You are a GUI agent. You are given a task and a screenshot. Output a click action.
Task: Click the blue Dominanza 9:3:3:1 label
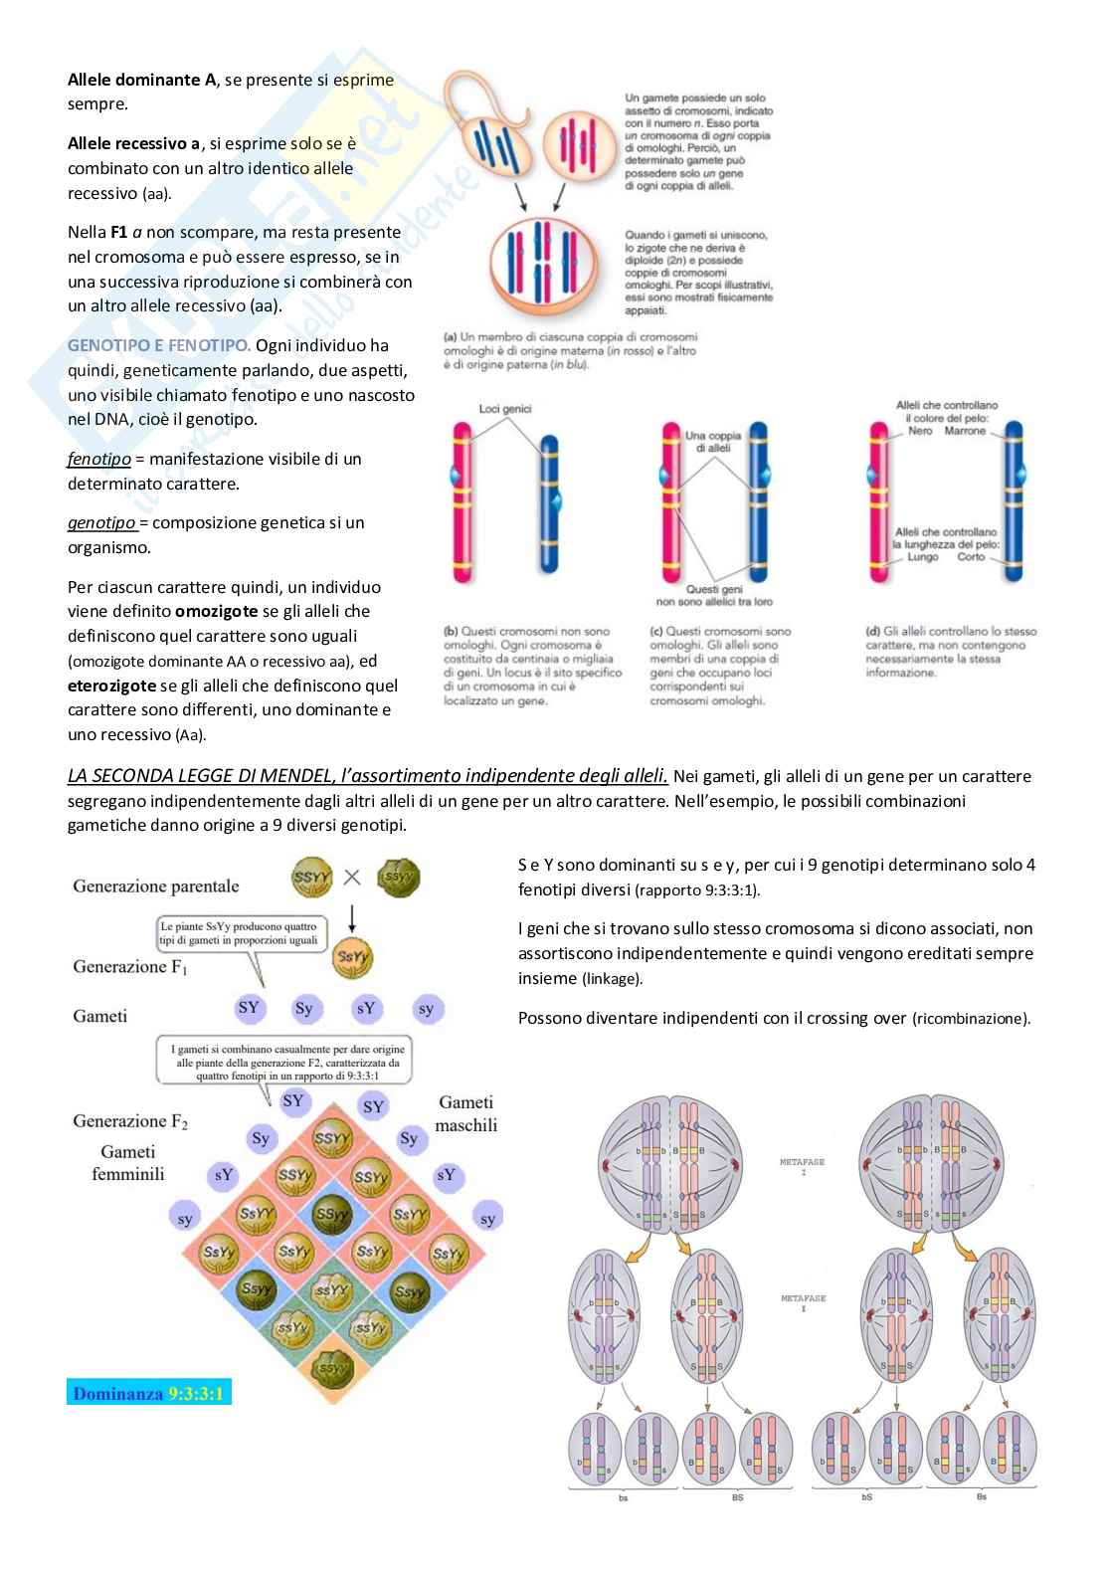point(149,1393)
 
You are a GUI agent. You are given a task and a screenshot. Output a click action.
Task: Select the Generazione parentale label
point(156,885)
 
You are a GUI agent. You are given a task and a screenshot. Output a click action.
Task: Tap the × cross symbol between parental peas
point(351,878)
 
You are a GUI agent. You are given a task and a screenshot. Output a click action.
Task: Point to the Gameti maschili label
point(465,1113)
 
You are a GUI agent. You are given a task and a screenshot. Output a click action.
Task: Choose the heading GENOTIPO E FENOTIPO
point(158,345)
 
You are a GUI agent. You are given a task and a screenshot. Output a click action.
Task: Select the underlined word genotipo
point(101,522)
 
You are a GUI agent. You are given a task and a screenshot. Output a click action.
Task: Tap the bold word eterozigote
point(111,685)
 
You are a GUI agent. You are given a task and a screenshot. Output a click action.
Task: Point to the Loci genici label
point(505,408)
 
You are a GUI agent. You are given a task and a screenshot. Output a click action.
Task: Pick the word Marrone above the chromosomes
point(965,431)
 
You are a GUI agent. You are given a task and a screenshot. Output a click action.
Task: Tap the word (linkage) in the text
point(612,979)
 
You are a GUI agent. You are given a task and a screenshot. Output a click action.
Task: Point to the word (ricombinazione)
point(971,1019)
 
